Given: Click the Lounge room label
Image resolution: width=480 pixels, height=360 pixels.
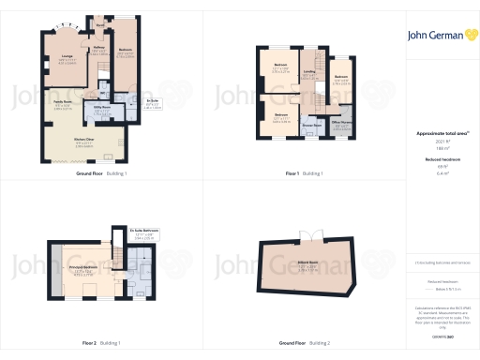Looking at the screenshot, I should pos(67,58).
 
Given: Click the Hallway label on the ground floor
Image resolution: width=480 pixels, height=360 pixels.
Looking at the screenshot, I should pos(98,45).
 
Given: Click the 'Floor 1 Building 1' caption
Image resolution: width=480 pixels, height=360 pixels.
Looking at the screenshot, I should pos(305,174).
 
